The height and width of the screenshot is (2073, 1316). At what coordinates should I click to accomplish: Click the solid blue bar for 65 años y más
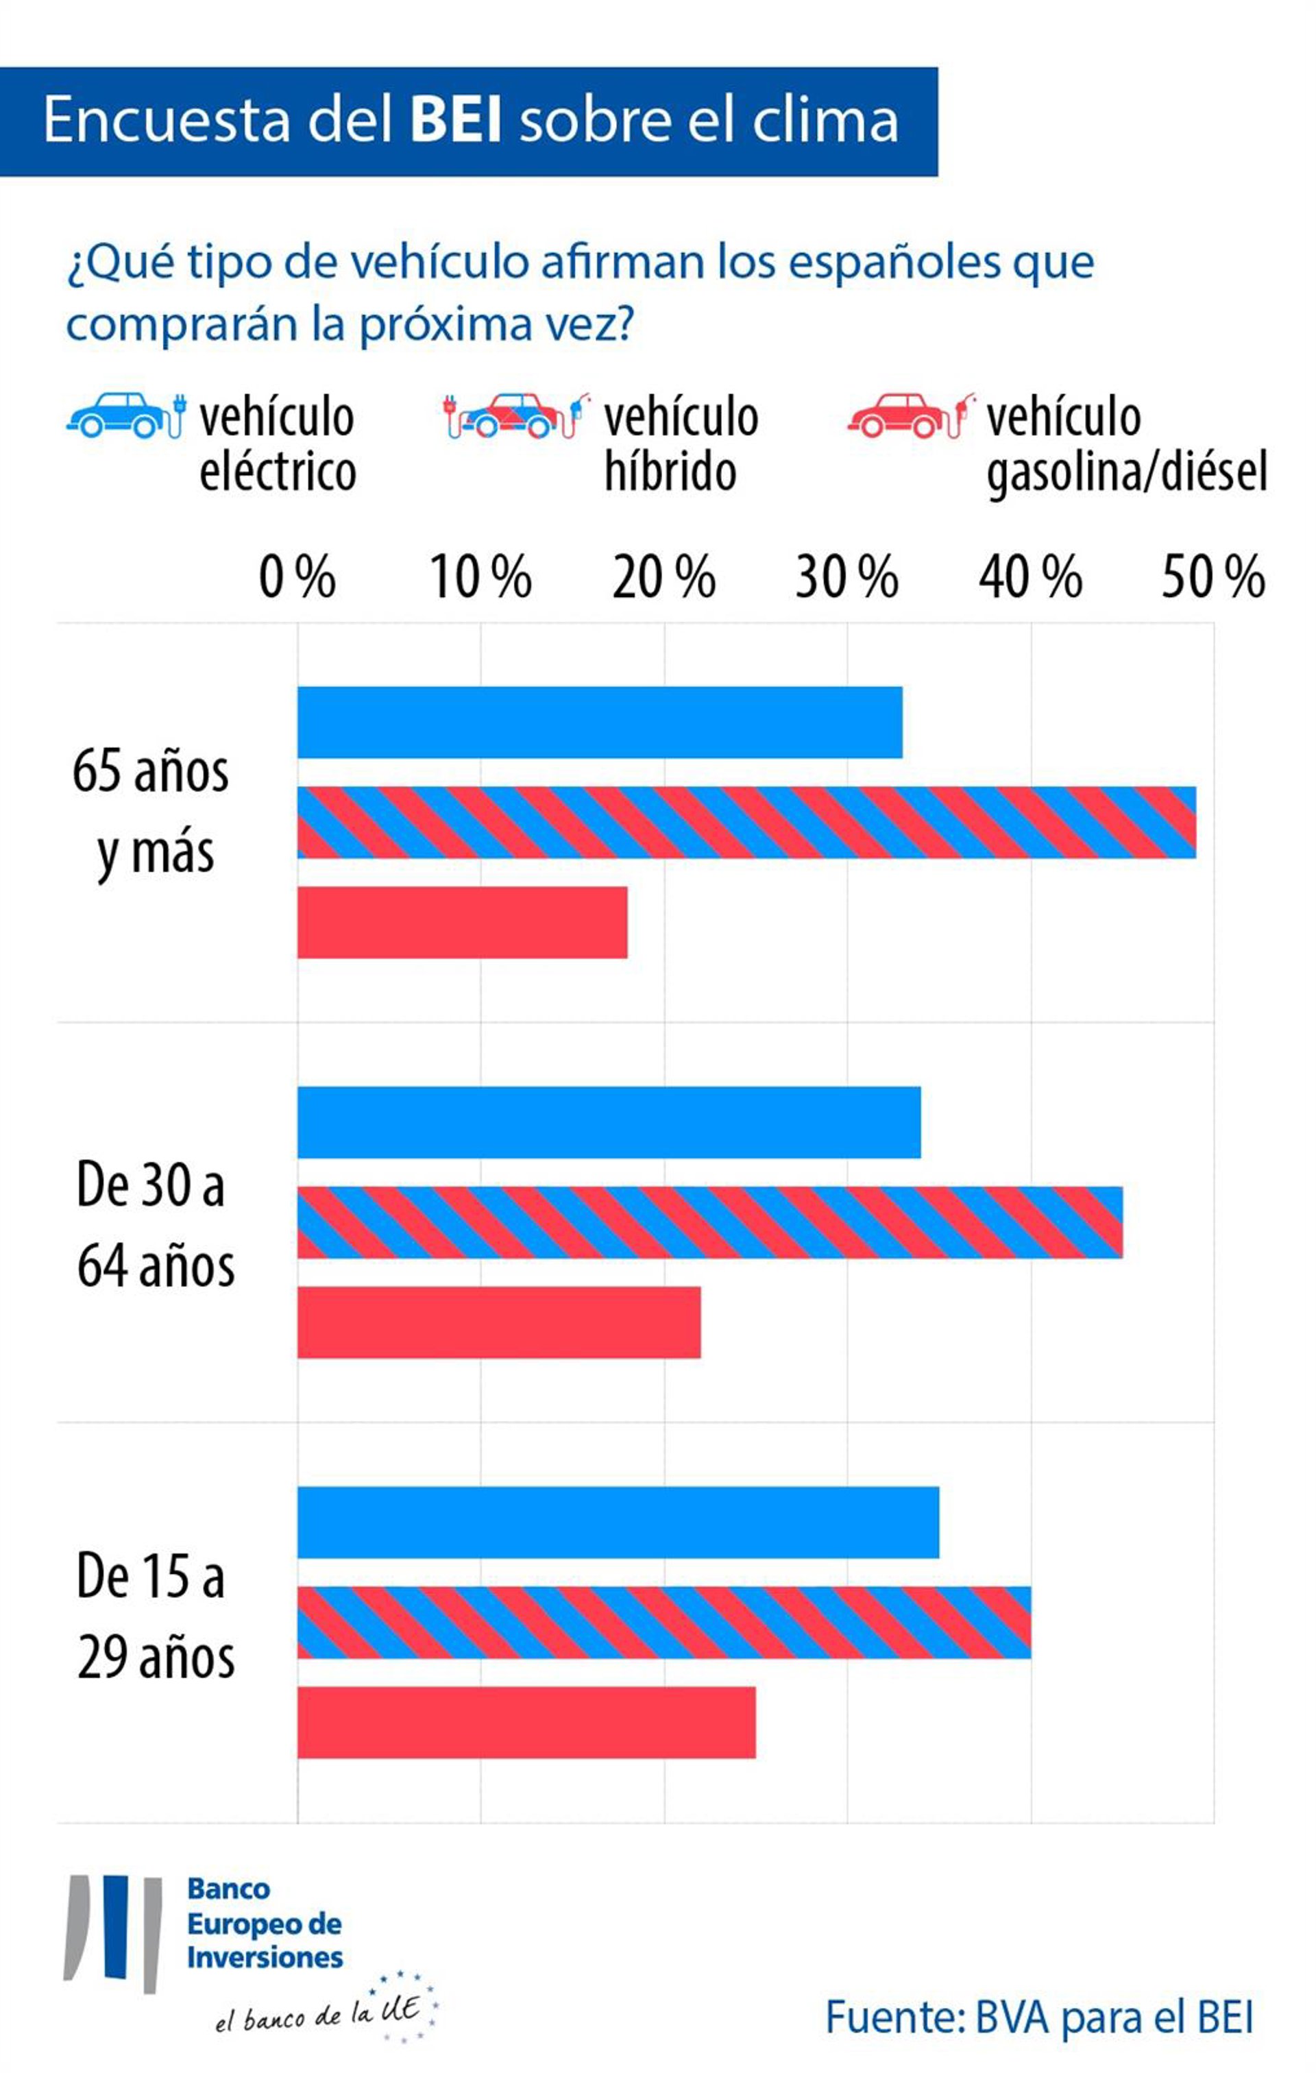(599, 723)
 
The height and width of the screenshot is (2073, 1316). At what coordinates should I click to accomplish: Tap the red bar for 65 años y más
(462, 922)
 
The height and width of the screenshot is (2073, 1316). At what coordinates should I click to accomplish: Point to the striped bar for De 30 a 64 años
(709, 1222)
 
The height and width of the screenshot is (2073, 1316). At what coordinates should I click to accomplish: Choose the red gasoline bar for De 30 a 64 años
(498, 1322)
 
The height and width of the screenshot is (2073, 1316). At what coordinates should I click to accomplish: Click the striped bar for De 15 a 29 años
(663, 1622)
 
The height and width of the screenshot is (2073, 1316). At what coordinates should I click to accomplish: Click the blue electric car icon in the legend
(125, 416)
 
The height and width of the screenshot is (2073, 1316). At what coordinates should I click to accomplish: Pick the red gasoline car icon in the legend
(911, 416)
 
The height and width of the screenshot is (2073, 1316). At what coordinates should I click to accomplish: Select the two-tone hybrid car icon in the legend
(516, 416)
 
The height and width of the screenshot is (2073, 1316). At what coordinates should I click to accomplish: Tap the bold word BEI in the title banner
(455, 120)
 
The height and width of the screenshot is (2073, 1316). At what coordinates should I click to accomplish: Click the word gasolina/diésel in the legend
(1127, 472)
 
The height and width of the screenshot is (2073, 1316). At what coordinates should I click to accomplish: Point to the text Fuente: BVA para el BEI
(1039, 2017)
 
